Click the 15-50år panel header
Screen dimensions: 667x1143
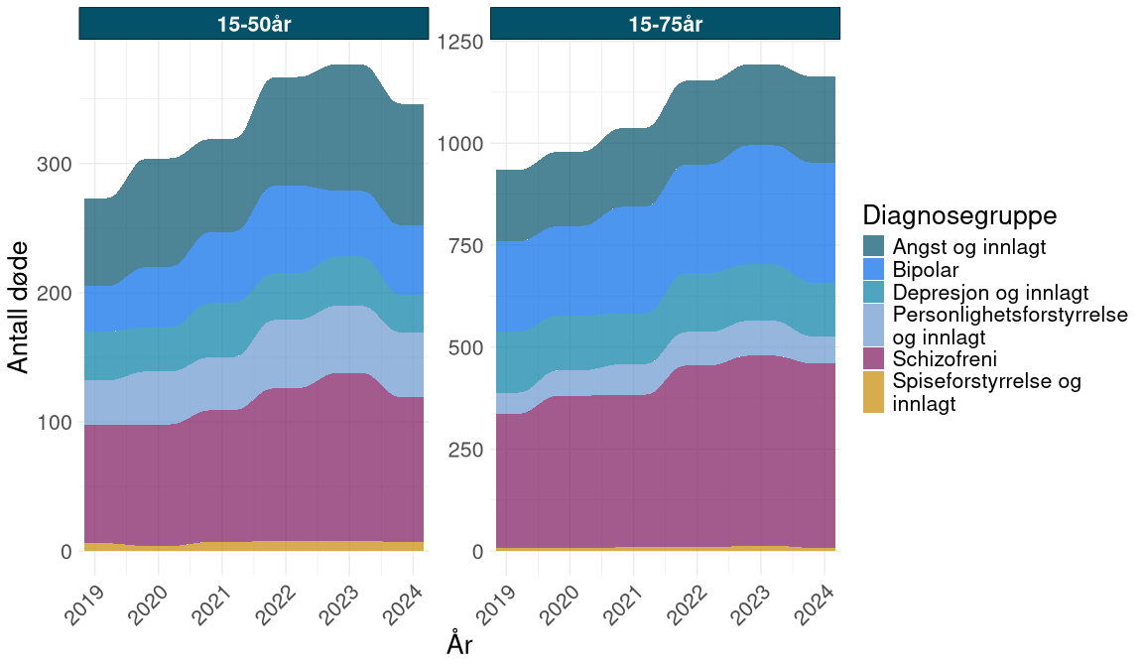coord(253,24)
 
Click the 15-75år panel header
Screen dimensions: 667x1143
coord(665,24)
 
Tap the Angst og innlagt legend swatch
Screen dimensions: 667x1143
coord(874,246)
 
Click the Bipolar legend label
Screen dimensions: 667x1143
coord(926,269)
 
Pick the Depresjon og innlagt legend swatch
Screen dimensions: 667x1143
coord(874,292)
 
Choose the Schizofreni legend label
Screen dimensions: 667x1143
coord(944,358)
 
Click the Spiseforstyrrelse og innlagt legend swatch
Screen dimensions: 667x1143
coord(874,392)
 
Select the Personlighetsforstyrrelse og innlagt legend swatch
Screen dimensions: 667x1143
coord(874,326)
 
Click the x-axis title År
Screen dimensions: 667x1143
coord(459,645)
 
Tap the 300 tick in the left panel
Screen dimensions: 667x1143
coord(54,164)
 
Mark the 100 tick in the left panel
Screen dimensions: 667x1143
coord(54,423)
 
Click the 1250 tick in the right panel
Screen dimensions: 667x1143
coord(460,42)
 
